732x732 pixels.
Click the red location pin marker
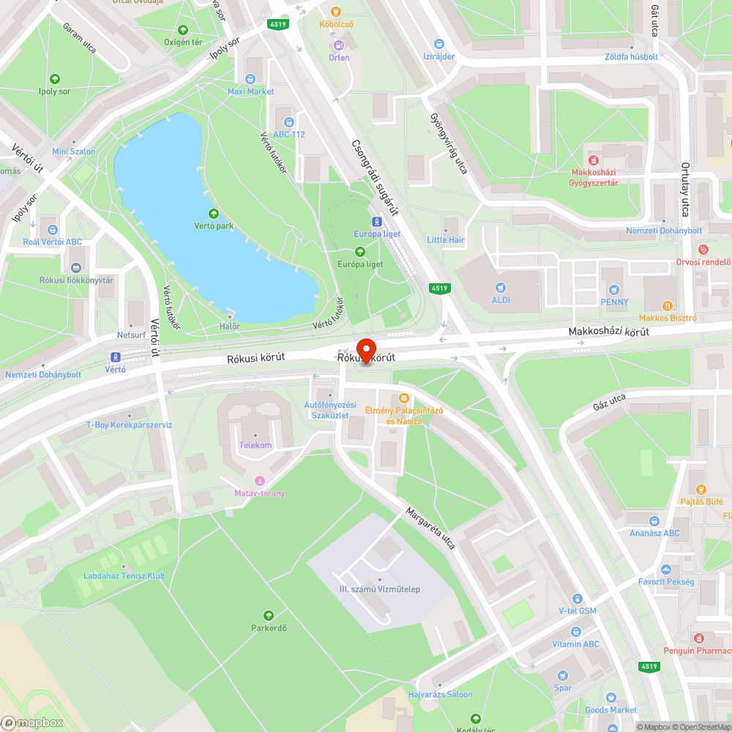(x=365, y=348)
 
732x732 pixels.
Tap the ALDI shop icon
(x=501, y=288)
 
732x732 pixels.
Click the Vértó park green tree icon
(x=214, y=214)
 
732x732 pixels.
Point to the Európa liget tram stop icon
(x=376, y=221)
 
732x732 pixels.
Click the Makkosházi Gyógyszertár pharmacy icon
(x=594, y=160)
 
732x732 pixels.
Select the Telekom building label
(x=255, y=445)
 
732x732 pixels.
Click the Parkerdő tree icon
(x=268, y=616)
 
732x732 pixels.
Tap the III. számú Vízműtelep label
(x=380, y=589)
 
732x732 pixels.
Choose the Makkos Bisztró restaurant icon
(x=667, y=306)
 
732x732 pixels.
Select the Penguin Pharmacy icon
(x=700, y=638)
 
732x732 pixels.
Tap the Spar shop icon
(x=562, y=676)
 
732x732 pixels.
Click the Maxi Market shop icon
(x=250, y=79)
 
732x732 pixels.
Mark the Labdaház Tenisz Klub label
(x=124, y=576)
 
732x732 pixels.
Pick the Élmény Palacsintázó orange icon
(x=403, y=398)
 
